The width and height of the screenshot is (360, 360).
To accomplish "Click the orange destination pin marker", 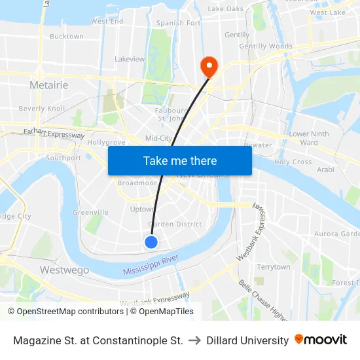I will pyautogui.click(x=209, y=65).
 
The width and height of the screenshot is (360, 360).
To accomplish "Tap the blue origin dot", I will pyautogui.click(x=151, y=242).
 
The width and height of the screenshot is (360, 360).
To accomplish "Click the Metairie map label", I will pyautogui.click(x=49, y=85).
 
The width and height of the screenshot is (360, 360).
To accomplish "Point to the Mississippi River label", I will pyautogui.click(x=151, y=265).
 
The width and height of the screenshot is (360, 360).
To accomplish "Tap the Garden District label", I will pyautogui.click(x=175, y=224).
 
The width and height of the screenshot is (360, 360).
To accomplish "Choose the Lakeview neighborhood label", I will pyautogui.click(x=130, y=59).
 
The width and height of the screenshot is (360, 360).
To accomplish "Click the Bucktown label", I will pyautogui.click(x=67, y=37).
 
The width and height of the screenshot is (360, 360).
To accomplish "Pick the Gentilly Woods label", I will pyautogui.click(x=266, y=46).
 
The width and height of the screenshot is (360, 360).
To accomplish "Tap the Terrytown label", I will pyautogui.click(x=274, y=267).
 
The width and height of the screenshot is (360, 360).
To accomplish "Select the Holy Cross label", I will pyautogui.click(x=293, y=162).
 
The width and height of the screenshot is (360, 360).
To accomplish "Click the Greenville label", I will pyautogui.click(x=90, y=212).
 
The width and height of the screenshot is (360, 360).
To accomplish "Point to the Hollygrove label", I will pyautogui.click(x=106, y=141).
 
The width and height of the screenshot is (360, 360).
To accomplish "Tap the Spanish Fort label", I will pyautogui.click(x=179, y=23).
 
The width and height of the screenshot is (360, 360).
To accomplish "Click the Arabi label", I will pyautogui.click(x=325, y=170).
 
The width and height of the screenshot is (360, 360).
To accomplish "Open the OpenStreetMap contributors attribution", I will pyautogui.click(x=65, y=312).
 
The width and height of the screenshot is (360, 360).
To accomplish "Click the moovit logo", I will pyautogui.click(x=321, y=340).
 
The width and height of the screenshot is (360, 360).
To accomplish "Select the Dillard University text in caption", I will pyautogui.click(x=247, y=340).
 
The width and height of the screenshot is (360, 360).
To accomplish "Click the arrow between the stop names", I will pyautogui.click(x=195, y=340).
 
